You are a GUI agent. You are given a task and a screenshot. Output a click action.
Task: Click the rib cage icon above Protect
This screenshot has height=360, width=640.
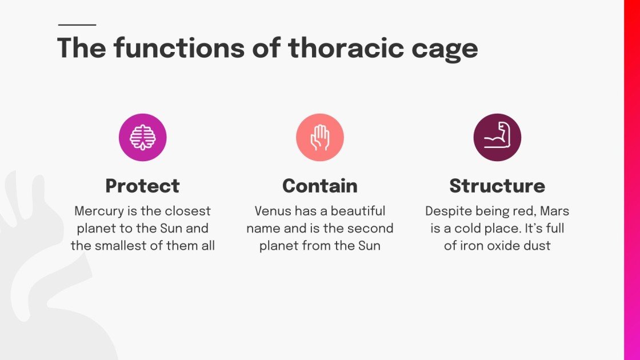(x=143, y=137)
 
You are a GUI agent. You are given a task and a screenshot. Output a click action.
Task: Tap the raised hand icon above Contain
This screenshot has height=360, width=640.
(x=320, y=137)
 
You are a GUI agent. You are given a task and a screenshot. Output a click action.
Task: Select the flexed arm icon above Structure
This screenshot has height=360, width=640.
(x=497, y=137)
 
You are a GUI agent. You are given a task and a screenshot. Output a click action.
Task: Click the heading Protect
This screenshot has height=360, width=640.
(x=143, y=186)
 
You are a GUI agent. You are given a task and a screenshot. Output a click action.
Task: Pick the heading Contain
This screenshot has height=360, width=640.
(x=320, y=186)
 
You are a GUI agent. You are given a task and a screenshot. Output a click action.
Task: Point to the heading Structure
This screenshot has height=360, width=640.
(x=497, y=186)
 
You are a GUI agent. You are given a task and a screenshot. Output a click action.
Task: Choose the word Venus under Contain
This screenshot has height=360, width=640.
(x=273, y=211)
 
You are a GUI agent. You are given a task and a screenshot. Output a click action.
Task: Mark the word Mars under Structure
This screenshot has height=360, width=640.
(x=555, y=211)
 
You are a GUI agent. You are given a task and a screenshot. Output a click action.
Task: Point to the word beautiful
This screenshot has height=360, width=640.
(x=358, y=211)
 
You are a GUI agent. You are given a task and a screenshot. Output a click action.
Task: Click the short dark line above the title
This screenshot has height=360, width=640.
(x=77, y=25)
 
